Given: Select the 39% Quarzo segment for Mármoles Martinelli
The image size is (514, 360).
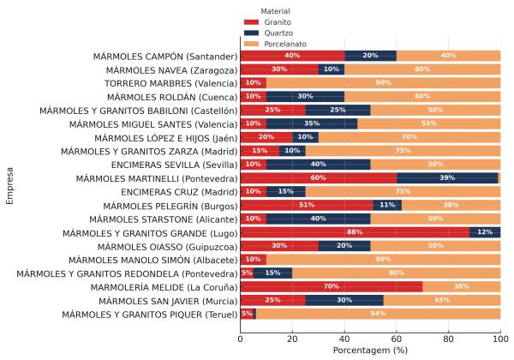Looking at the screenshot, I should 446,178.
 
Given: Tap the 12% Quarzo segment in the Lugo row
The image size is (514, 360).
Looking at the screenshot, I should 484,232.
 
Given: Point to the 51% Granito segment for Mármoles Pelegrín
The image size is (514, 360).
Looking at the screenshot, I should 306,206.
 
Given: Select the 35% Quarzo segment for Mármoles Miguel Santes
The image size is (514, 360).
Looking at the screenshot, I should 311,124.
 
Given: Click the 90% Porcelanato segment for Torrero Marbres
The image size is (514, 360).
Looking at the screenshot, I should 383,83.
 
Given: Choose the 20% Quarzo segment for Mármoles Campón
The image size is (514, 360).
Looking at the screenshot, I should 370,56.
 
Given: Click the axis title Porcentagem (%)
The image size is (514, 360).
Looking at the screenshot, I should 370,351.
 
